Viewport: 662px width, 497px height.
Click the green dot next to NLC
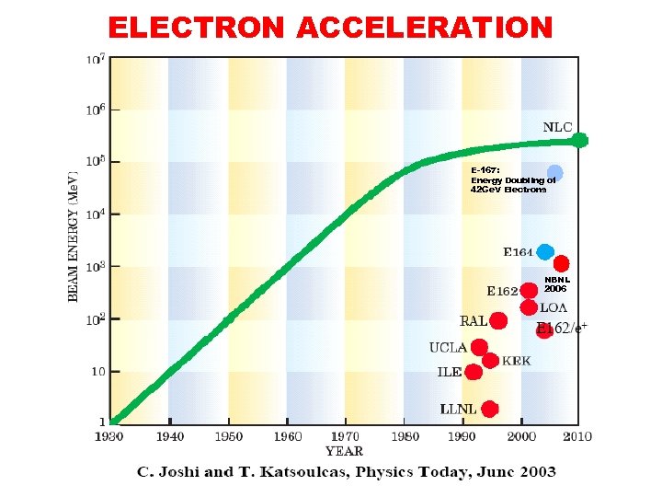click(x=579, y=141)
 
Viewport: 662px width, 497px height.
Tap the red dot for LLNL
click(x=490, y=409)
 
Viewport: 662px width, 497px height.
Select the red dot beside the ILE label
click(x=474, y=372)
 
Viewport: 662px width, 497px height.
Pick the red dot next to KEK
click(x=490, y=360)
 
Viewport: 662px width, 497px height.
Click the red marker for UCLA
click(x=479, y=347)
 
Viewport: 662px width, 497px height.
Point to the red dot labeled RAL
click(x=498, y=320)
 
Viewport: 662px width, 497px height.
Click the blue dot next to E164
click(x=545, y=251)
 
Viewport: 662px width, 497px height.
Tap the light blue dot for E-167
click(x=554, y=172)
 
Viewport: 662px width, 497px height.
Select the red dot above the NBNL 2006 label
click(x=561, y=263)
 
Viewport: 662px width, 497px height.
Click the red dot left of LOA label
click(x=529, y=307)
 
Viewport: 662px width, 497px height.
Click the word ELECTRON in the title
click(x=197, y=28)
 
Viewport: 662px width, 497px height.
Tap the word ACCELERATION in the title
click(x=425, y=28)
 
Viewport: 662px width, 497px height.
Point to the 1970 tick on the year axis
click(x=346, y=436)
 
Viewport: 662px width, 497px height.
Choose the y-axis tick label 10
click(x=97, y=372)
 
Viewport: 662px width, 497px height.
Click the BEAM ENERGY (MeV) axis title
click(x=74, y=235)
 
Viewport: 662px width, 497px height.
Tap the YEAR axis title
click(x=344, y=451)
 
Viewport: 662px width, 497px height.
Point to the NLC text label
click(x=557, y=127)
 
